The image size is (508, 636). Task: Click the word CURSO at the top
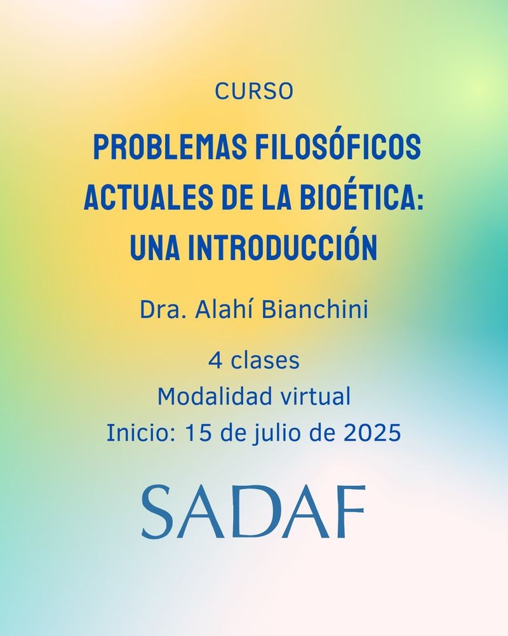coord(254,91)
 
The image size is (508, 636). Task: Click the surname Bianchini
coord(315,310)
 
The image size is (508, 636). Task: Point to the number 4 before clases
coord(215,361)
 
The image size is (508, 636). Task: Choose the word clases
coord(265,360)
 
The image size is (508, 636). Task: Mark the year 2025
coord(372,433)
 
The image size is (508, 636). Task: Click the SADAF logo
coord(253,511)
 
